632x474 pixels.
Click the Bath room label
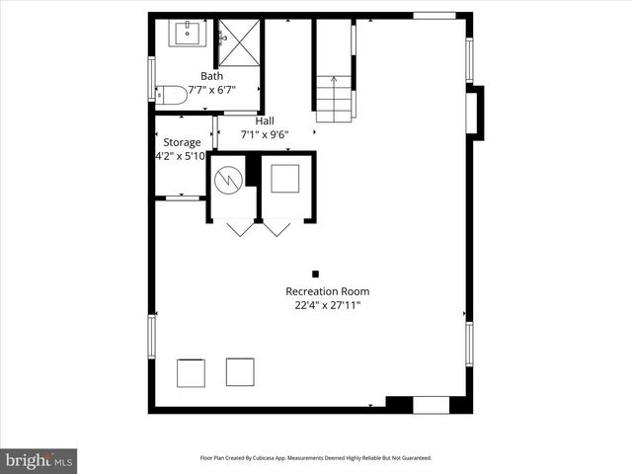point(211,76)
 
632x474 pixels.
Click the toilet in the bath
point(172,95)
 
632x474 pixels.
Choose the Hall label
point(265,121)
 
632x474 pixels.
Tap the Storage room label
point(182,142)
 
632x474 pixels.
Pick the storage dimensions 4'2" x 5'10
point(180,156)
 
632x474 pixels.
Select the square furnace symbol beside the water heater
point(286,179)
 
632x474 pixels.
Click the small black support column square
point(316,274)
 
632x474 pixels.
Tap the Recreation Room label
point(327,291)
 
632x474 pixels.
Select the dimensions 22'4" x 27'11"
point(327,306)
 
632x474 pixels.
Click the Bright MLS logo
point(39,460)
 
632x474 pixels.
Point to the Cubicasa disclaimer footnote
point(316,458)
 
